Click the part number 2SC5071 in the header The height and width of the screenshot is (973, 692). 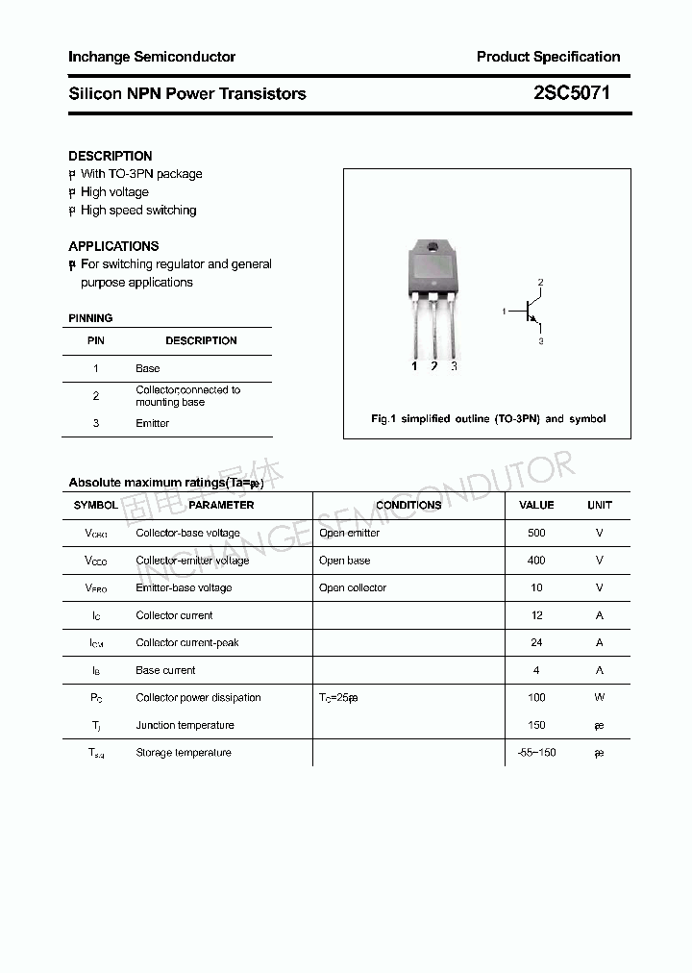click(x=571, y=93)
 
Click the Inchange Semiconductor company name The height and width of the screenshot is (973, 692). click(x=152, y=57)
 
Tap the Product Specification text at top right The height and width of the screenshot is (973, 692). click(x=548, y=57)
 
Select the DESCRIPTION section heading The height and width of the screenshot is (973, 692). click(x=111, y=156)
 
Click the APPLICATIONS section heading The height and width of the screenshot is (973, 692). click(x=113, y=246)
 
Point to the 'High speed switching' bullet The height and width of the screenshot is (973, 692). click(x=138, y=211)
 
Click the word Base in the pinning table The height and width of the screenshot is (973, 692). click(x=148, y=368)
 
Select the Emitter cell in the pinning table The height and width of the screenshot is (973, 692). click(x=153, y=423)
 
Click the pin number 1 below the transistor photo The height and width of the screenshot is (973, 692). click(x=414, y=366)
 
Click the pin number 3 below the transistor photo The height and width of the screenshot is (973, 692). click(x=454, y=366)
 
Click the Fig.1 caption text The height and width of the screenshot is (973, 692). click(x=488, y=419)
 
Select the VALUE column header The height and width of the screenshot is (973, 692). click(x=536, y=505)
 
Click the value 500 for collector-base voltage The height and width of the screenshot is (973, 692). click(x=536, y=533)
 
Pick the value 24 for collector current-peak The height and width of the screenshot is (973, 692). click(x=536, y=642)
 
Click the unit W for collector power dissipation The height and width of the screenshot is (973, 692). click(x=599, y=697)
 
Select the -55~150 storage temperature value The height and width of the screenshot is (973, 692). click(x=536, y=752)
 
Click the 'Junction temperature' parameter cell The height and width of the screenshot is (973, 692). click(x=185, y=725)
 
